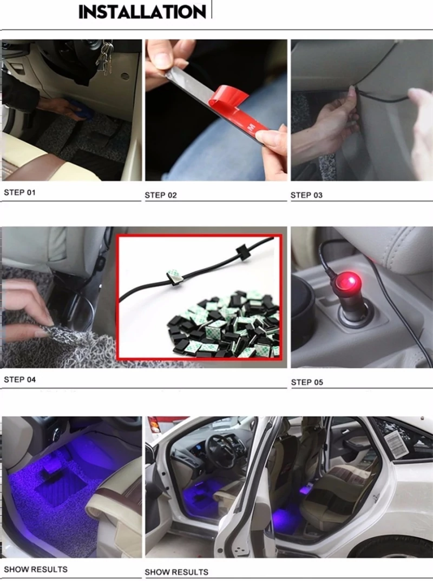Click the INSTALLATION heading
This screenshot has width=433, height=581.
point(142,12)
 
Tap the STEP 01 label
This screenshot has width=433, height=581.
point(19,192)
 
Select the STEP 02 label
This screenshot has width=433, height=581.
point(161,195)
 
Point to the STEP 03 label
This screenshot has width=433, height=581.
point(306,195)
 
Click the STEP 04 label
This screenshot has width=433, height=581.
point(19,379)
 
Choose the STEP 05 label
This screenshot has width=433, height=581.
point(307,383)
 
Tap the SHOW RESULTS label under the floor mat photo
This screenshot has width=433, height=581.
point(36,569)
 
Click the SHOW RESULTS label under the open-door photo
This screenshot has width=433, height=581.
point(176,572)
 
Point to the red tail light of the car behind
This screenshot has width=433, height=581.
point(154,425)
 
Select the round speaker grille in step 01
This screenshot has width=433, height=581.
point(125,76)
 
